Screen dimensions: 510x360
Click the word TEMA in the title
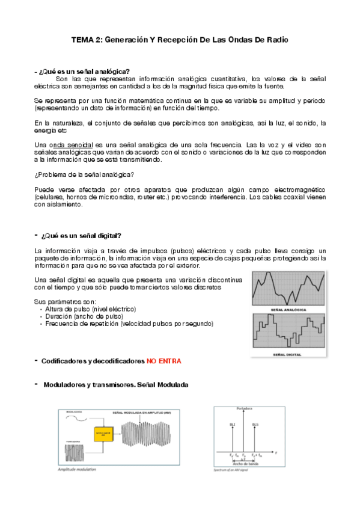(x=82, y=40)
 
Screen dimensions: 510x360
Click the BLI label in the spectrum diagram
(x=233, y=424)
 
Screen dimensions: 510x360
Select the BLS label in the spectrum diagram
(x=256, y=424)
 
